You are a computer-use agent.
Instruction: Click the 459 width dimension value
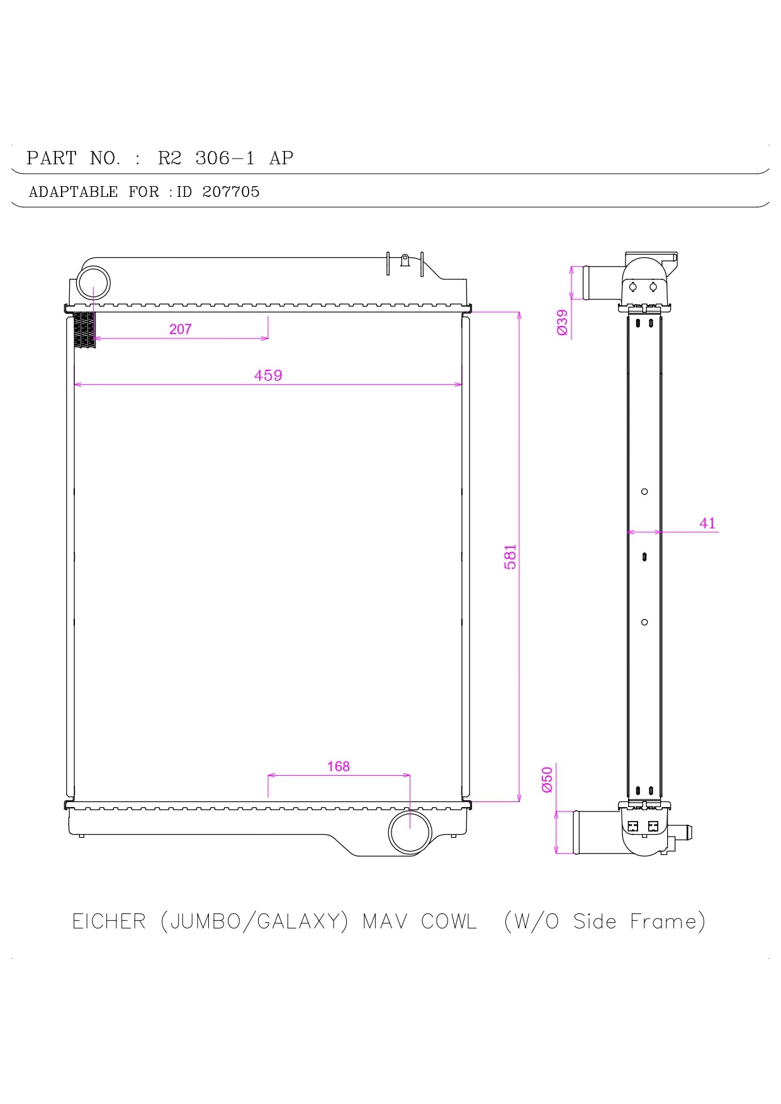point(268,376)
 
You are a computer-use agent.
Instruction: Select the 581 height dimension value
point(510,557)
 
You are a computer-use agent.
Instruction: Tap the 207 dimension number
point(180,329)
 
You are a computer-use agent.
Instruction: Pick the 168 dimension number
point(338,766)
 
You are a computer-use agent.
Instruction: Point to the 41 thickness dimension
point(707,523)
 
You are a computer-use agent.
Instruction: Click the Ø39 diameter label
point(563,322)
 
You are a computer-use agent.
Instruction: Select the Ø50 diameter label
point(548,779)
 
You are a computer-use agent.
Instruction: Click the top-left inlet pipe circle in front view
point(93,283)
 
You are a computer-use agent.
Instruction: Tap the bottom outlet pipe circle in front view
point(410,831)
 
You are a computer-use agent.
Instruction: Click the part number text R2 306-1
point(206,158)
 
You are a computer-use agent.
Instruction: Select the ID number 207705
point(231,192)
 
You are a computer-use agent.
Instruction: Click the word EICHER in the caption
point(109,922)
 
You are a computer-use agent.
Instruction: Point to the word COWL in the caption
point(449,922)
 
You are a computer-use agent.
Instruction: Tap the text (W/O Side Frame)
point(605,922)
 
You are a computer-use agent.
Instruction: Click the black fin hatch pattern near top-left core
point(85,330)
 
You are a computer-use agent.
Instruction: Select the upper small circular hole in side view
point(644,491)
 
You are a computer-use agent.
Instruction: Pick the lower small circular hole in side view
point(644,622)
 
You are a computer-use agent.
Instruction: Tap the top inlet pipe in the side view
point(601,282)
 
